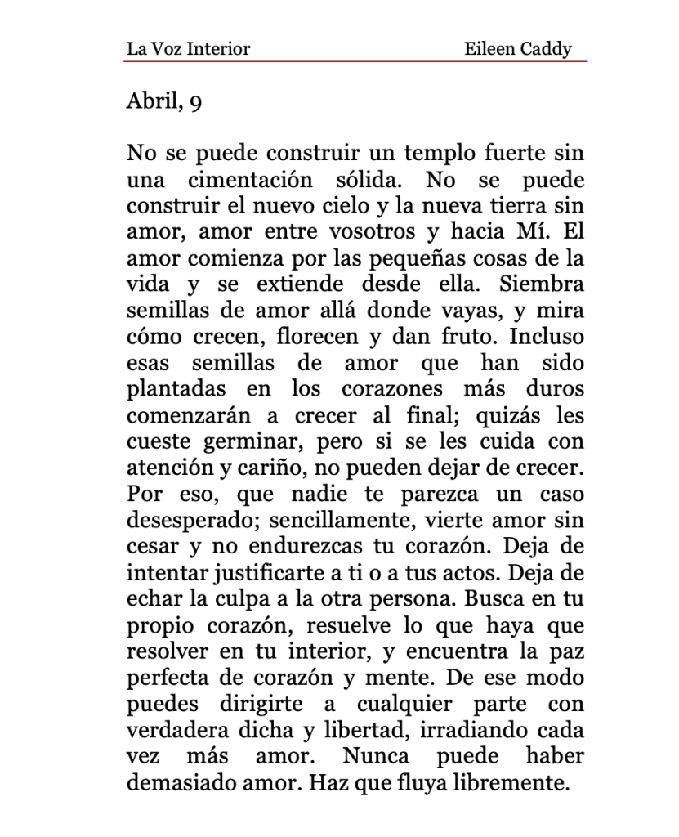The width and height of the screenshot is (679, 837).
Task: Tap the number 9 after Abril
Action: click(x=195, y=104)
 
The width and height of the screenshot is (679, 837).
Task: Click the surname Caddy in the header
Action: click(x=547, y=49)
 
